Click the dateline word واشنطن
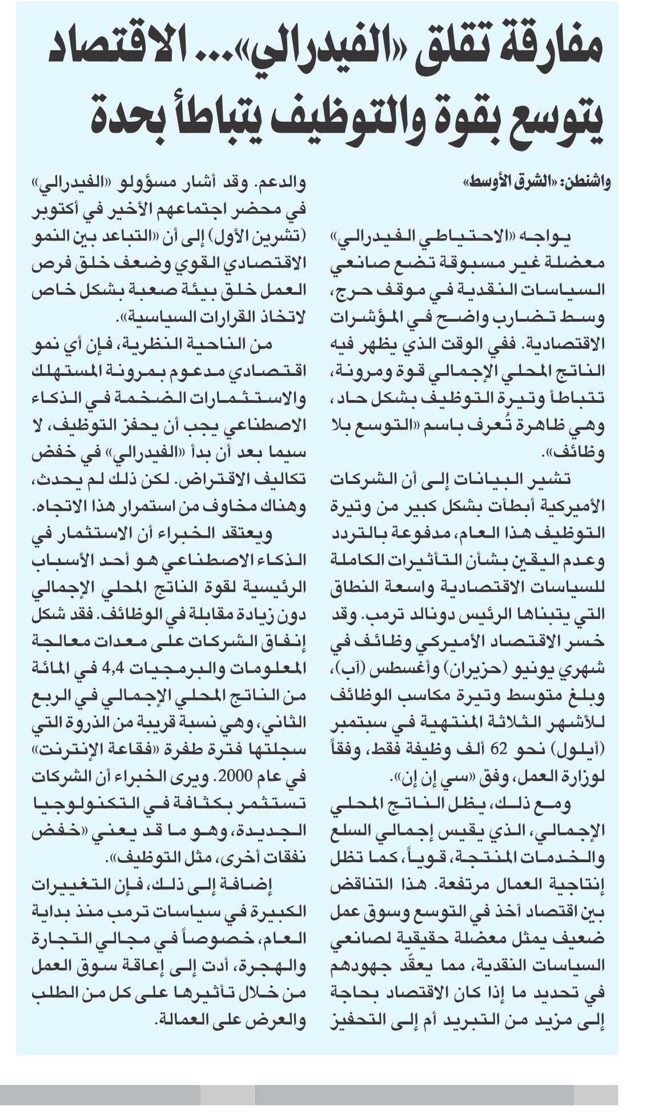pyautogui.click(x=588, y=182)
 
